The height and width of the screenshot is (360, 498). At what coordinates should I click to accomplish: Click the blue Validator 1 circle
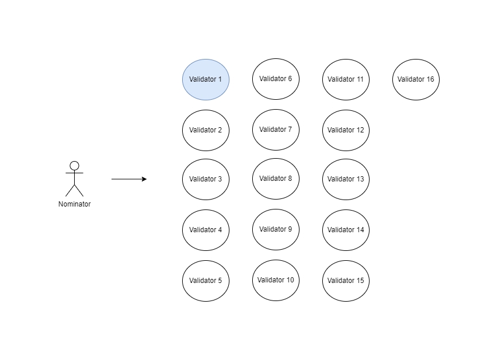point(206,79)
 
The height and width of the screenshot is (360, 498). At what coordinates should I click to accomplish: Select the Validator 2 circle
point(206,130)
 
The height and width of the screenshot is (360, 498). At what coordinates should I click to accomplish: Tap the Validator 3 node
point(206,179)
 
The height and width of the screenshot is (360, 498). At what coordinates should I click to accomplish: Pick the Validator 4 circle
point(206,230)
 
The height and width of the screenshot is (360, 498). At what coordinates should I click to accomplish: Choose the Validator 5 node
point(206,281)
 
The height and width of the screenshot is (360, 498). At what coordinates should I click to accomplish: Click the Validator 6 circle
point(276,79)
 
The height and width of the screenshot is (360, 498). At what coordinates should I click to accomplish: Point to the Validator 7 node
point(276,130)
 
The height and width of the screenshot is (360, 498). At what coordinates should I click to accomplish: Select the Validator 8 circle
point(276,179)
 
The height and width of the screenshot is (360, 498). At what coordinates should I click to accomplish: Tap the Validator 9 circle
point(276,229)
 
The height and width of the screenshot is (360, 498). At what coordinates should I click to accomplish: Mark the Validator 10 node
point(276,280)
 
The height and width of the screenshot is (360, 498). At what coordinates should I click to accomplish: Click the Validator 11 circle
point(346,79)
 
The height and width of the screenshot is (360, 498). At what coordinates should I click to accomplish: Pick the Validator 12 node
point(346,130)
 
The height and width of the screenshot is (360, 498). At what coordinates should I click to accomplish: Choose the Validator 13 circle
point(346,179)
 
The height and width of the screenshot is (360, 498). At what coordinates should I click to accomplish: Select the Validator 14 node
point(346,230)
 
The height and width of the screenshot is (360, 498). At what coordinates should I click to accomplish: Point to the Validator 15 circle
point(346,281)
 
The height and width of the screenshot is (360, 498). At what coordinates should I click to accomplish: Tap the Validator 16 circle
point(416,79)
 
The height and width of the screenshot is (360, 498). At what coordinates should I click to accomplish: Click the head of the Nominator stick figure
point(74,166)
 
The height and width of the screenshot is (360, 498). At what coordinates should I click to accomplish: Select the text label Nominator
point(74,204)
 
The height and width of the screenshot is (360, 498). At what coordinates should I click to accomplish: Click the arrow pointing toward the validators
point(128,179)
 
